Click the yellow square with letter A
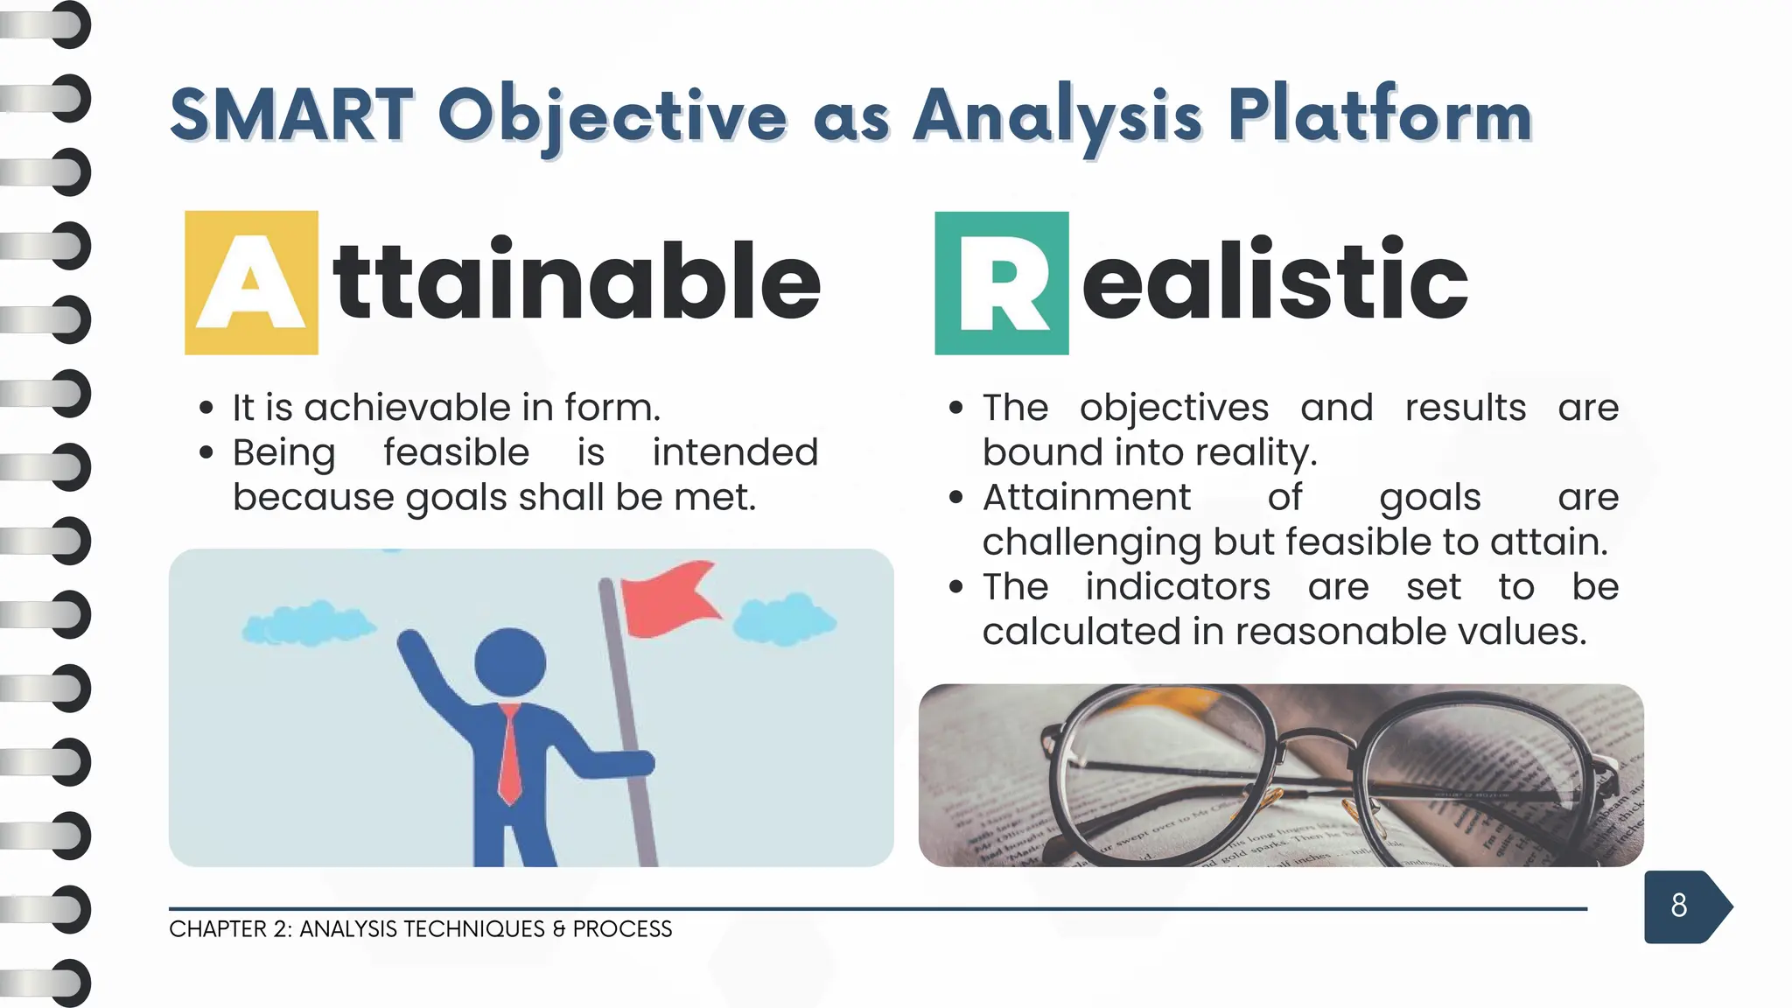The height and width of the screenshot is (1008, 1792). tap(251, 283)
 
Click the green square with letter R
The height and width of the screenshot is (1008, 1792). tap(1001, 283)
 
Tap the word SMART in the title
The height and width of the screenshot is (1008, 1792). tap(291, 115)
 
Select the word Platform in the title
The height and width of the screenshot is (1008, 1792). tap(1379, 115)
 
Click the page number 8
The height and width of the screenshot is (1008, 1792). tap(1678, 906)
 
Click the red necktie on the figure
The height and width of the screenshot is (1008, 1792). tap(509, 752)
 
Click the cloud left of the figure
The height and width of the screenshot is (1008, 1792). tap(306, 624)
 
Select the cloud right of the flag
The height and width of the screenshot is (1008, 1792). tap(783, 619)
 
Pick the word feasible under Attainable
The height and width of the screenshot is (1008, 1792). tap(456, 452)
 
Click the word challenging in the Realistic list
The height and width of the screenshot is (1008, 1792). tap(1091, 542)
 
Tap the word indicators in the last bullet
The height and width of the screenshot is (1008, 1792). tap(1177, 586)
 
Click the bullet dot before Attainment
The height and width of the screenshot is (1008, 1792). tap(955, 498)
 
